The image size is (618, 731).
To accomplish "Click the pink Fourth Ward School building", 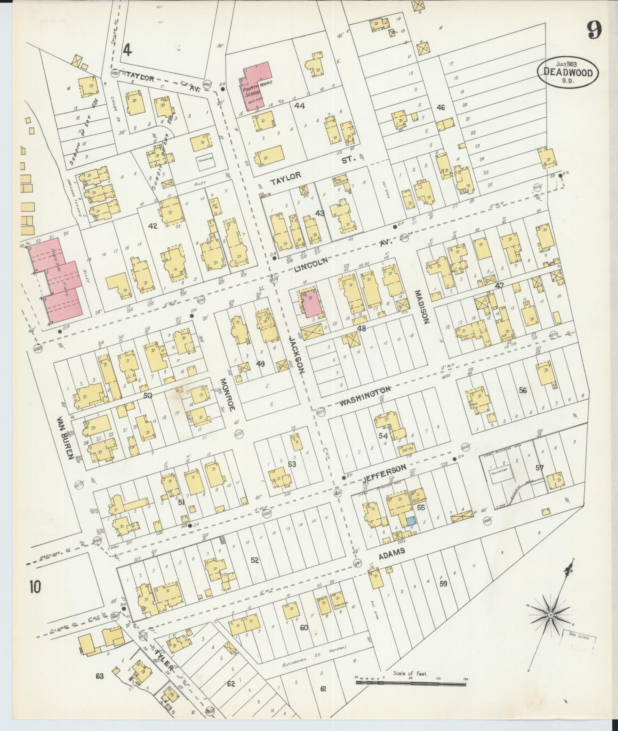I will [x=254, y=85].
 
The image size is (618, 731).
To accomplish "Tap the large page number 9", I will [x=594, y=30].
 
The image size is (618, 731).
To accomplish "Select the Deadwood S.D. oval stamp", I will [x=568, y=72].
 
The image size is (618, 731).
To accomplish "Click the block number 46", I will [x=440, y=108].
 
